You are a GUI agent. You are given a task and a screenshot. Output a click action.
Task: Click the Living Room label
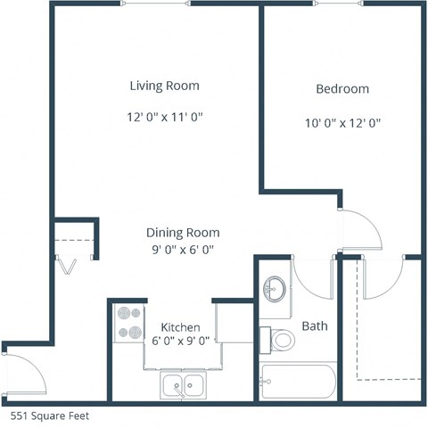point(164,86)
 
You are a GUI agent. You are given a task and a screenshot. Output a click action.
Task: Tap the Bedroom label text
point(342,89)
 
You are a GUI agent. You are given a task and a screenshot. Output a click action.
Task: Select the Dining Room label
point(183,233)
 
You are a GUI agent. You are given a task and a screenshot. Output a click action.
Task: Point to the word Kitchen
point(180,327)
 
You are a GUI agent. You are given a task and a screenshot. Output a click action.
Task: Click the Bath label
point(315,326)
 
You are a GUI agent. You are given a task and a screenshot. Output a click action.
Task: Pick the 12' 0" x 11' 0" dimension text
point(164,118)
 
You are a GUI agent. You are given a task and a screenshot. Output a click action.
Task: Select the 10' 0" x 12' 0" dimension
point(342,123)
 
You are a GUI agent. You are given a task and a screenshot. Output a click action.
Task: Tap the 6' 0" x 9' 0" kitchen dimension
point(180,340)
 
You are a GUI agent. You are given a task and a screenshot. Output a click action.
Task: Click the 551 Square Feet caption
point(50,416)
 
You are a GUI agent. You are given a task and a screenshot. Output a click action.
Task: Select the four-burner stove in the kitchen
point(128,324)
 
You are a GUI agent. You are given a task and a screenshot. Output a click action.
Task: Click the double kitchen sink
point(185,387)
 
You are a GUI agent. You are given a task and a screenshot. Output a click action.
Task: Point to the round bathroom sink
point(276,289)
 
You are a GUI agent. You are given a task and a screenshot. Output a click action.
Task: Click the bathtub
point(298,384)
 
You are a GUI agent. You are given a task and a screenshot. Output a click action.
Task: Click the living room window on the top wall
point(155,4)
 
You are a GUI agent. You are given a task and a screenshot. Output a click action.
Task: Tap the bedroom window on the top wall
point(342,4)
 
